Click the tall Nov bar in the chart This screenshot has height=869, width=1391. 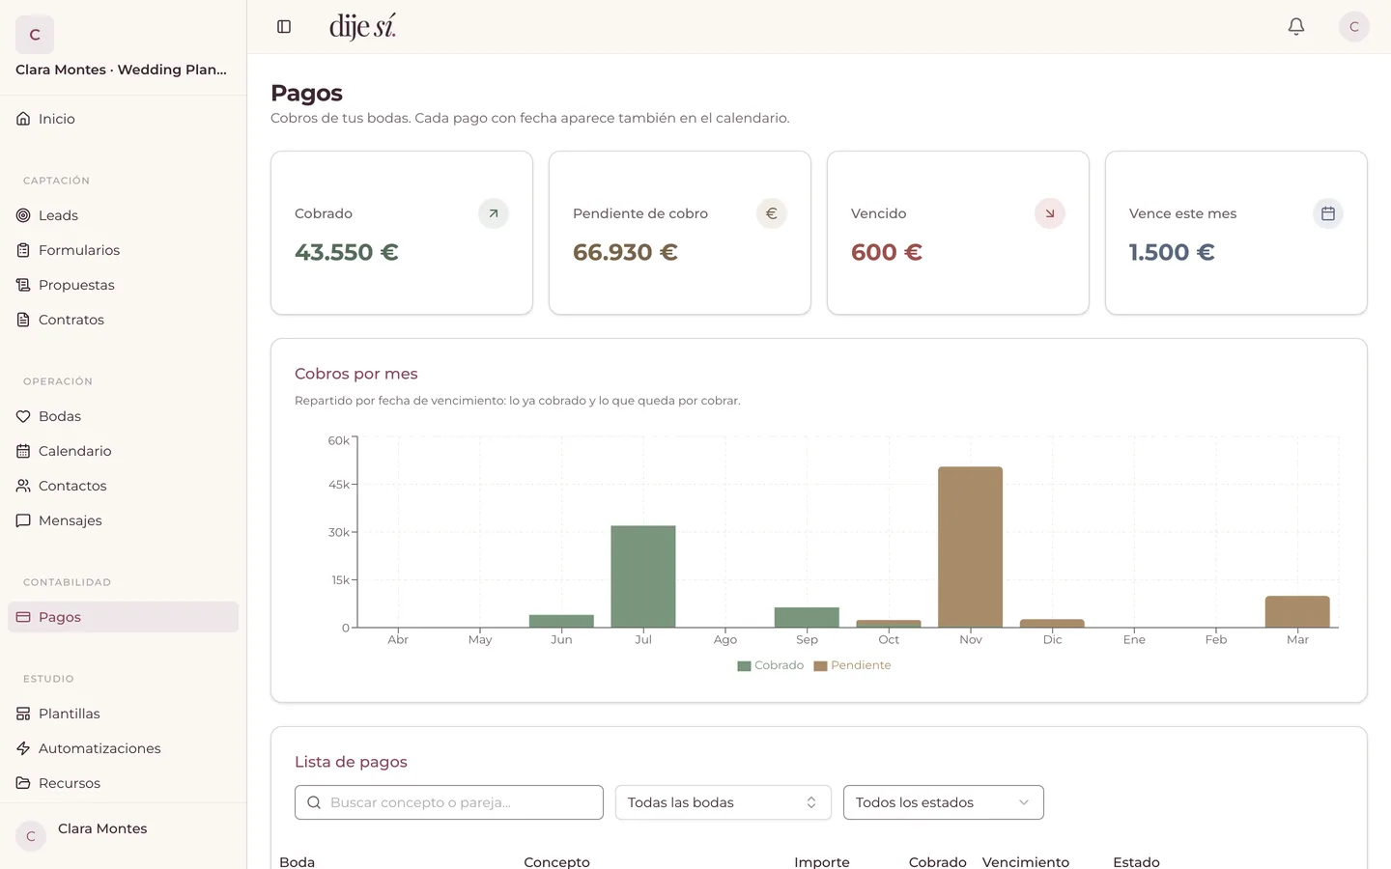point(970,547)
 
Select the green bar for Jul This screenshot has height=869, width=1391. point(643,576)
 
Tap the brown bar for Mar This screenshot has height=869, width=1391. point(1297,612)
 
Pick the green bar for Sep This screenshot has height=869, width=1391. point(807,618)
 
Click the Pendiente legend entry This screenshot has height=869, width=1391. point(853,665)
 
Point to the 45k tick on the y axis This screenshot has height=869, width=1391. point(339,484)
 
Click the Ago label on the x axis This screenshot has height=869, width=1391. point(724,639)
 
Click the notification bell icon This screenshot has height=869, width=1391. point(1296,27)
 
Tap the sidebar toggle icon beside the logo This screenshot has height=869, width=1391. point(284,27)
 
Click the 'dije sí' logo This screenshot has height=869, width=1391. point(362,27)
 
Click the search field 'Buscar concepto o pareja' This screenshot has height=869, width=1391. point(449,802)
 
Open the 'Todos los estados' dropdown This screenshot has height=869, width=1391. point(943,802)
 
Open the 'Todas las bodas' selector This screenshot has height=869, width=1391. point(723,802)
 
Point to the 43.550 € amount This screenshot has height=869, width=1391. point(347,252)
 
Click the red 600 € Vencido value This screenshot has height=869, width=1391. point(886,252)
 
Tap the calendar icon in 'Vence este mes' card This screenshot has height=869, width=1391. point(1327,213)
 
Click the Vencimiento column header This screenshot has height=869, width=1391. point(1025,861)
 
